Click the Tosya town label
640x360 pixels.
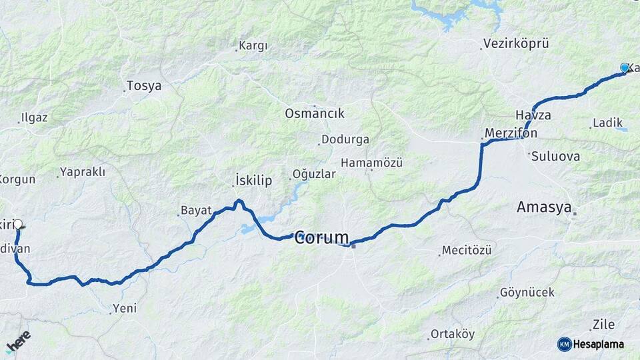(x=143, y=86)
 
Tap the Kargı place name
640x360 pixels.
(x=253, y=46)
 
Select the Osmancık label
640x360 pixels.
(x=315, y=113)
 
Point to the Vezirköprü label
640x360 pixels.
(x=515, y=44)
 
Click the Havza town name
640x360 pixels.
(x=533, y=115)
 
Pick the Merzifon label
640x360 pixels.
(x=511, y=133)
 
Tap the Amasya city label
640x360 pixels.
(x=544, y=208)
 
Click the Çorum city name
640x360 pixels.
(x=322, y=237)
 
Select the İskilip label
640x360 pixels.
(x=254, y=180)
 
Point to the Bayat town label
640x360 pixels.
(x=196, y=211)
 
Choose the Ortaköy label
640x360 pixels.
(x=451, y=333)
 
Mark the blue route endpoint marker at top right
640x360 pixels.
(x=625, y=68)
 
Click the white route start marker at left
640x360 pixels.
(x=17, y=225)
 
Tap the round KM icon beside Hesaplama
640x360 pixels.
(x=565, y=344)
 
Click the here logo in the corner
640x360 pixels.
(x=18, y=340)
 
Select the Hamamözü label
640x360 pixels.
(x=371, y=163)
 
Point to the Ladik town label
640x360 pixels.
(x=607, y=123)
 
